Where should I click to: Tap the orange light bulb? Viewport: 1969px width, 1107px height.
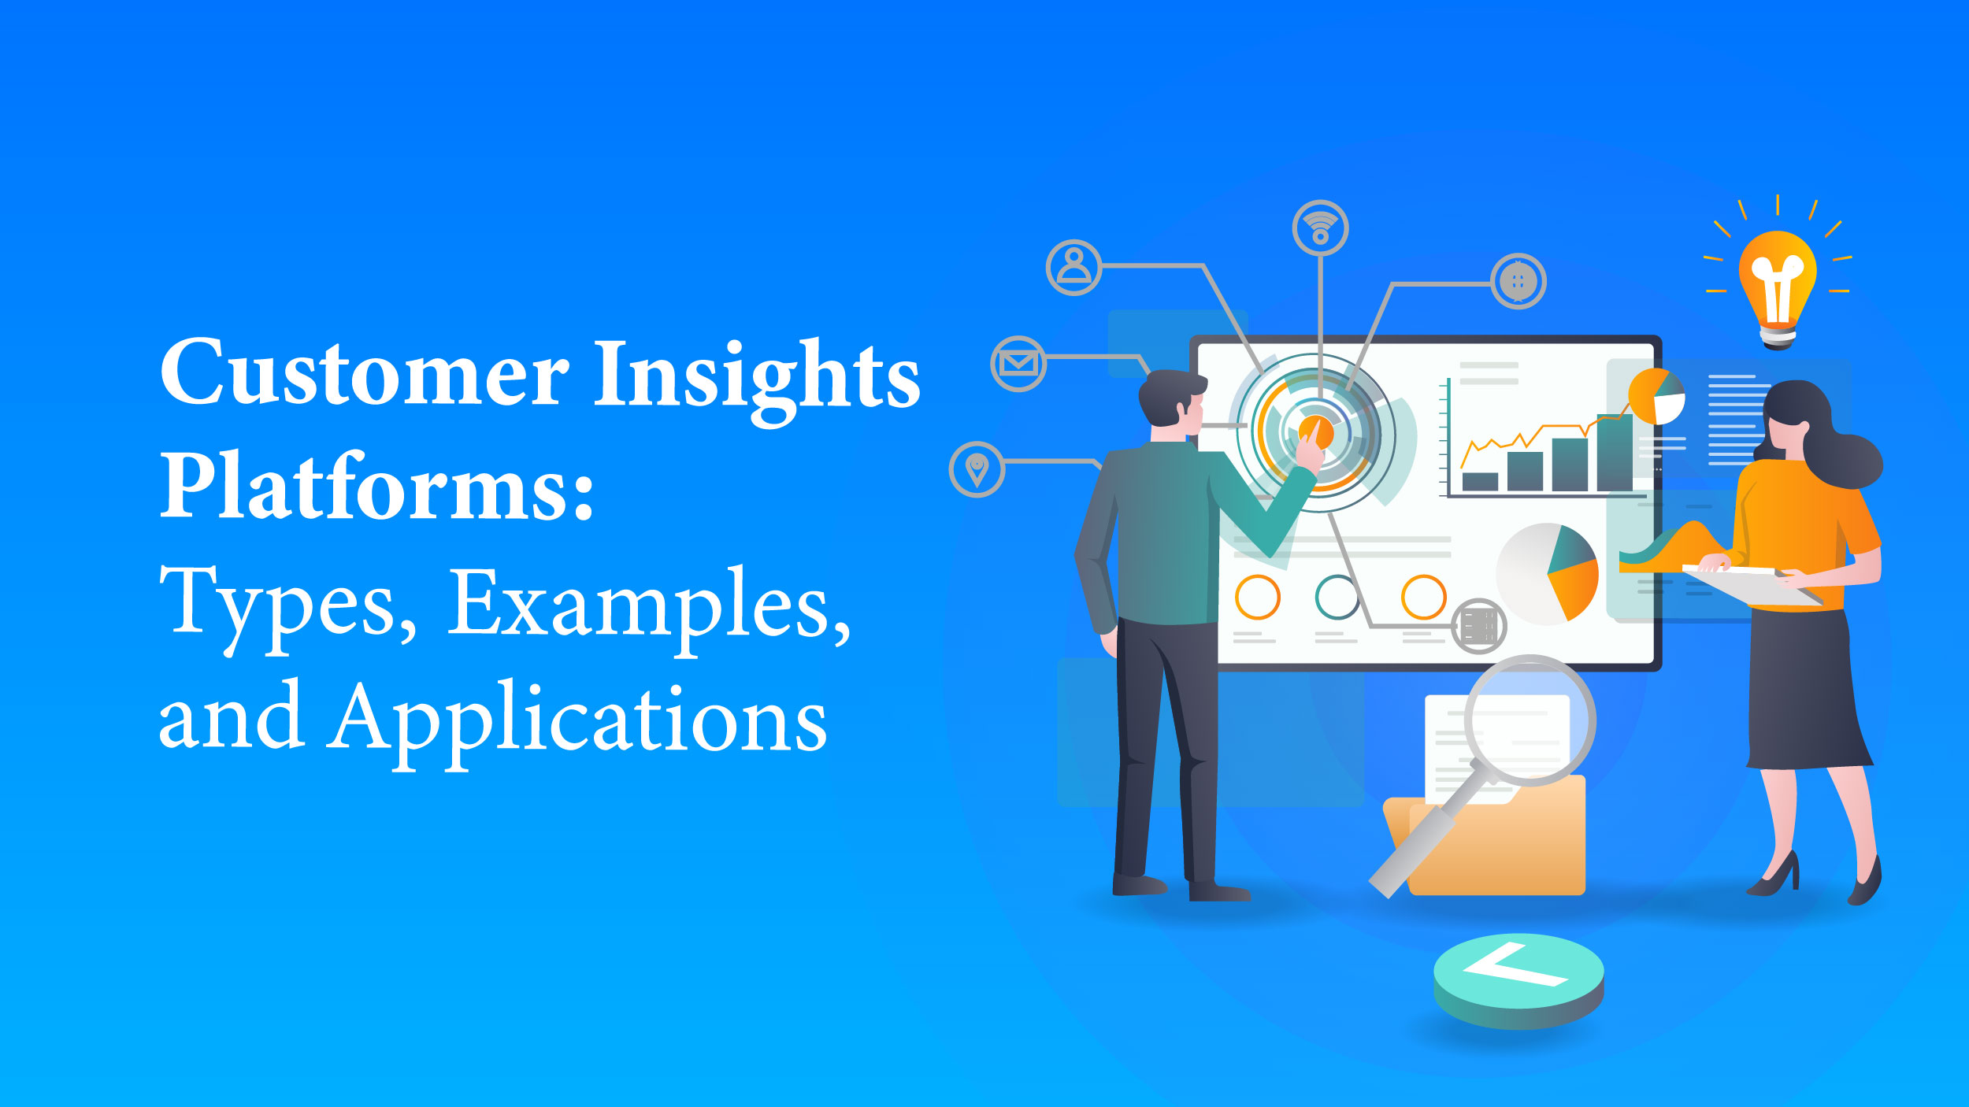1778,287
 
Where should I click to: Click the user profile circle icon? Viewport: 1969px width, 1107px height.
1073,268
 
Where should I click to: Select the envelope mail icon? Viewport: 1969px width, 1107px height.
1018,364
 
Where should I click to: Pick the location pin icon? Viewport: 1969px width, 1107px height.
977,470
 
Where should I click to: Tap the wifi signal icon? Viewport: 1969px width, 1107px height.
1321,228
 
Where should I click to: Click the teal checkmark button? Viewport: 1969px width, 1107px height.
1518,981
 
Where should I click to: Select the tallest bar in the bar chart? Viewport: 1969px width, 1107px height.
1615,453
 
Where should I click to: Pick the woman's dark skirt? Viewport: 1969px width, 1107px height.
1808,689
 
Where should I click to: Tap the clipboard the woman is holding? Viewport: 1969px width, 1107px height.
1753,585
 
